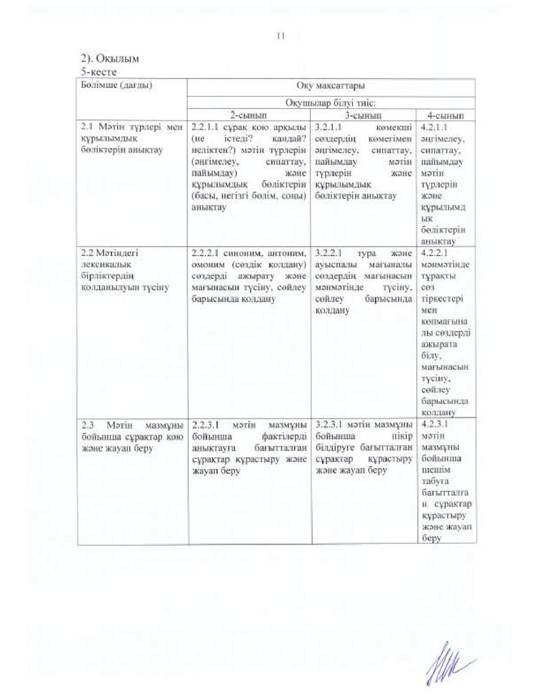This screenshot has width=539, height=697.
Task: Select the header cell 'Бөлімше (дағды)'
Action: pyautogui.click(x=114, y=86)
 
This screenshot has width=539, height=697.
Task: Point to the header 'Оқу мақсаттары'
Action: pyautogui.click(x=330, y=86)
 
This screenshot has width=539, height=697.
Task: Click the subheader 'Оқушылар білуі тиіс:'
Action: pyautogui.click(x=330, y=102)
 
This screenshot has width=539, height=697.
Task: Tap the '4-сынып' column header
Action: pyautogui.click(x=446, y=116)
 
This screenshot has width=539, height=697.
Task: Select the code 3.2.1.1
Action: pyautogui.click(x=331, y=127)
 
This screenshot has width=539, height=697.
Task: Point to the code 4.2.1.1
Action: pyautogui.click(x=435, y=127)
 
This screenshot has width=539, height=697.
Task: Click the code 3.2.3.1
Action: pyautogui.click(x=331, y=423)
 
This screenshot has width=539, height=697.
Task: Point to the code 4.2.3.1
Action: pyautogui.click(x=435, y=423)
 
